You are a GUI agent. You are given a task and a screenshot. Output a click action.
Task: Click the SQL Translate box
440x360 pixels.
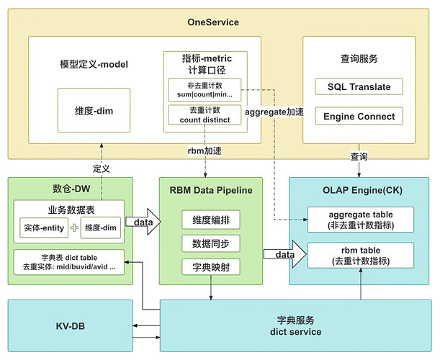coord(359,86)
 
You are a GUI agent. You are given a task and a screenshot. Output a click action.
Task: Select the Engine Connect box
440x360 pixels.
coord(359,116)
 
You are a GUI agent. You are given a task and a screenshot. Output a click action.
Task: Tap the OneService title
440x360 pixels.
coord(213,22)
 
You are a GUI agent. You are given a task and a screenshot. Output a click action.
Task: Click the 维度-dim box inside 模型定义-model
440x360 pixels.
coord(94,110)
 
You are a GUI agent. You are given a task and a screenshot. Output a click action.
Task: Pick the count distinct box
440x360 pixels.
coord(205,114)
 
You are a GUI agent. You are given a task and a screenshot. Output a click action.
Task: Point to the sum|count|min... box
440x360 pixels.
coord(205,90)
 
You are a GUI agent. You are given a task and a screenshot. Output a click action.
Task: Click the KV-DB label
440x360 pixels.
coord(70,326)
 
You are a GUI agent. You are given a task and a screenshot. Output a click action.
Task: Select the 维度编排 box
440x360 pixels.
coord(211,220)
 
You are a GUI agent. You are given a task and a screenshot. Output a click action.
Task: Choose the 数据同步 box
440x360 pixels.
coord(211,243)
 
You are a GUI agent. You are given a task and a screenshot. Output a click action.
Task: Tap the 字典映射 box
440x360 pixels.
coord(211,267)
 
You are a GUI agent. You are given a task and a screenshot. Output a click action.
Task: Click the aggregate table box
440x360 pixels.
coord(361,220)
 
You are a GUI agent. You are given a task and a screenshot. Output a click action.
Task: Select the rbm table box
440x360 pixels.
coord(361,256)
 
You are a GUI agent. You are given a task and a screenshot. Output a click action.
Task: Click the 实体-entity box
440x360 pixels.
coord(44,228)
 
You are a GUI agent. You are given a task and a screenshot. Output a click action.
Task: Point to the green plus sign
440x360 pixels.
coord(74,228)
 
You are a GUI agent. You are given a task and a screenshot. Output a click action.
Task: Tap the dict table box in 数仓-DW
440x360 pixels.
coord(69,262)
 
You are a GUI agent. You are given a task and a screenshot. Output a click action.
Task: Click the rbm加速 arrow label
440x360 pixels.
coord(205,151)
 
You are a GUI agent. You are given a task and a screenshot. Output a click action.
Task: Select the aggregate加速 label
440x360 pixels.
coord(274,112)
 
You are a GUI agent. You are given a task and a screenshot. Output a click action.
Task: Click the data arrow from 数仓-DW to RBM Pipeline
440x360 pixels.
coord(143,222)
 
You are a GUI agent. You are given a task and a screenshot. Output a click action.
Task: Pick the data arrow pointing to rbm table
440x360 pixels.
coord(284,254)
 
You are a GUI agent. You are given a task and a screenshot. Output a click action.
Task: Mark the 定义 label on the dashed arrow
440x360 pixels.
coord(102,168)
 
